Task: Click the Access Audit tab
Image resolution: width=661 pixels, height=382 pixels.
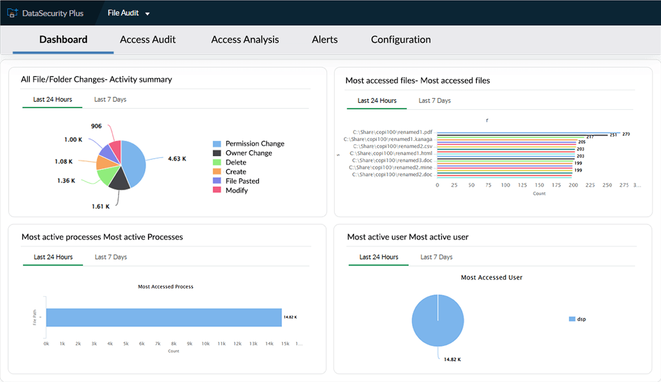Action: click(x=148, y=40)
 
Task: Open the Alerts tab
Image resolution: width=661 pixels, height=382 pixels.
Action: click(x=324, y=40)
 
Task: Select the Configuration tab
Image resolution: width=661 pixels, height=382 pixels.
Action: click(x=401, y=40)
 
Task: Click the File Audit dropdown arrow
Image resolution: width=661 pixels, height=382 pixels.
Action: click(x=147, y=14)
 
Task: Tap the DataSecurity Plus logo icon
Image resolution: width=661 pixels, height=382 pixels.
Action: click(x=13, y=13)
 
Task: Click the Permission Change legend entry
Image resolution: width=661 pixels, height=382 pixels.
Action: click(x=255, y=144)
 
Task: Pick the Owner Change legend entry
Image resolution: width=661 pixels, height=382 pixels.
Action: click(x=248, y=153)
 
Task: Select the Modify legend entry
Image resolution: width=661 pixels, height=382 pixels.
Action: click(x=237, y=190)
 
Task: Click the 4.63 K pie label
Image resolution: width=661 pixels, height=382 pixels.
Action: click(x=177, y=159)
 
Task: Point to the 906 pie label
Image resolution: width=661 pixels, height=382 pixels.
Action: click(x=96, y=126)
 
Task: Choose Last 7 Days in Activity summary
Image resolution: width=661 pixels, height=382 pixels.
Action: click(x=110, y=100)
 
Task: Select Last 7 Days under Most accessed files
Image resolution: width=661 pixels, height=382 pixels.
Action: click(x=434, y=101)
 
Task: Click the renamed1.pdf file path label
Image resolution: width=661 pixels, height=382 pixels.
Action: click(x=392, y=133)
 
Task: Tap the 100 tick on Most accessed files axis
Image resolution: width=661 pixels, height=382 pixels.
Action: click(x=505, y=185)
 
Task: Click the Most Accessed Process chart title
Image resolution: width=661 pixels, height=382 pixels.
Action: click(x=166, y=287)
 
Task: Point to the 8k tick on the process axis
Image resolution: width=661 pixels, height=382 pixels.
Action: click(x=174, y=344)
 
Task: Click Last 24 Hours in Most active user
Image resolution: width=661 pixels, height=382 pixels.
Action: click(x=378, y=257)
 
